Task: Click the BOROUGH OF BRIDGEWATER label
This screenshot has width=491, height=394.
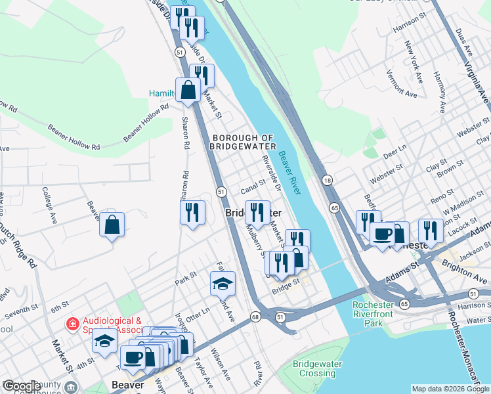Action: (x=243, y=141)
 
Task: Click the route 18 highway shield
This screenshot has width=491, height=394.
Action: (x=326, y=180)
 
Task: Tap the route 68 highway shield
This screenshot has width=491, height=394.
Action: (x=255, y=317)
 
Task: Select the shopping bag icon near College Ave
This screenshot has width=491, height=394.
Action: (x=112, y=225)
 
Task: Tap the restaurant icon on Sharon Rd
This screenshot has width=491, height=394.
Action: (x=192, y=212)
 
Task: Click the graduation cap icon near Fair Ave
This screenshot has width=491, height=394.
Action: (x=223, y=284)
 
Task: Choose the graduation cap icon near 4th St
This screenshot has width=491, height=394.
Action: (x=104, y=341)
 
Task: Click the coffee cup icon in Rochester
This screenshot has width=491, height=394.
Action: (x=382, y=233)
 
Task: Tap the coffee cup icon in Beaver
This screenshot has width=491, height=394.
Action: (x=133, y=358)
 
